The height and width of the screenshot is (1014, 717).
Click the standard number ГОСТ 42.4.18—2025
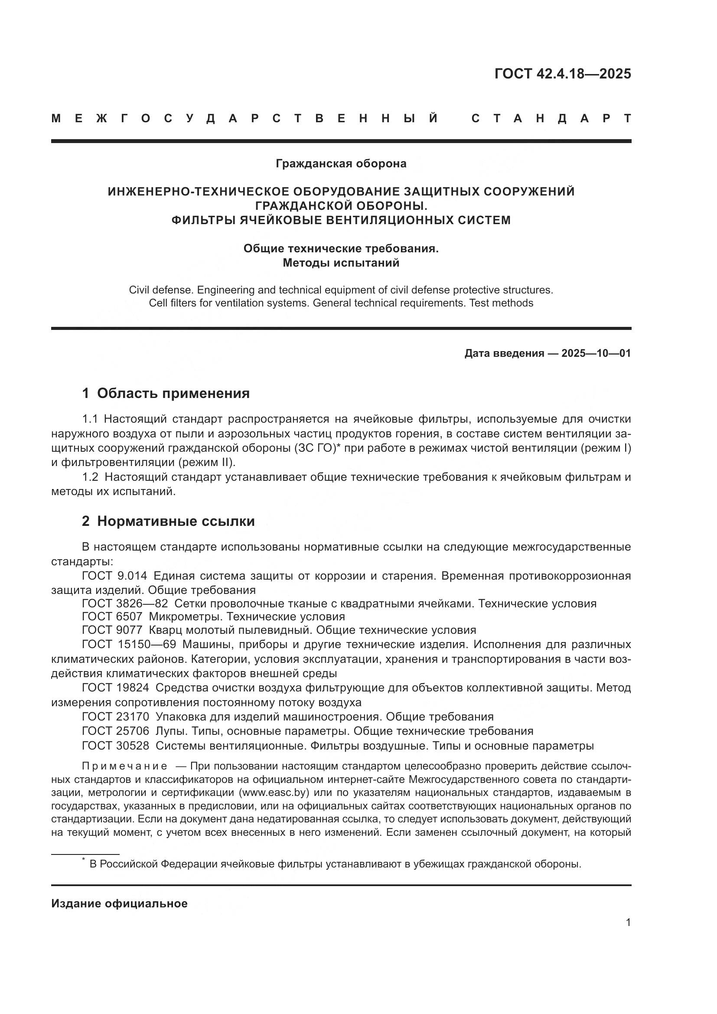563,74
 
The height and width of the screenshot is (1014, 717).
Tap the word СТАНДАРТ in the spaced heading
551,119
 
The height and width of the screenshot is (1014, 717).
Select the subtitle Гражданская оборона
341,163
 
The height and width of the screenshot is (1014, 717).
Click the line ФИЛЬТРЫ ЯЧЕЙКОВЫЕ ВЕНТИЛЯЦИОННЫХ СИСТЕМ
341,220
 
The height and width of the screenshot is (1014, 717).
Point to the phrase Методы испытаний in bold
341,263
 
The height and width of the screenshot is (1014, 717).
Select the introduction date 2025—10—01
596,353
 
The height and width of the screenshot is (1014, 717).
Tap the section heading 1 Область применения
166,393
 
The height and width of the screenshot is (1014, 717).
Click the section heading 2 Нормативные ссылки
168,521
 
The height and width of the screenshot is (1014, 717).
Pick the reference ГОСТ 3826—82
125,604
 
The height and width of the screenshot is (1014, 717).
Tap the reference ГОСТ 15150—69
129,644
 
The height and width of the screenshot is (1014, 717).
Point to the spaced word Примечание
124,766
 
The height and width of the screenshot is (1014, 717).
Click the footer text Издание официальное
119,903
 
